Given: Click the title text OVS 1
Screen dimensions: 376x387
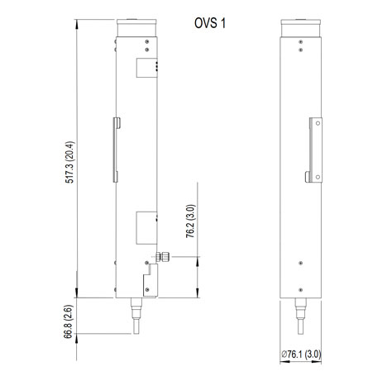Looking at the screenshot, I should coord(208,23).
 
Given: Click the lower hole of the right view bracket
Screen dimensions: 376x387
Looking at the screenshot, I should coord(312,174).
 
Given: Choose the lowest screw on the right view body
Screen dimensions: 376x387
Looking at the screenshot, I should coord(301,288).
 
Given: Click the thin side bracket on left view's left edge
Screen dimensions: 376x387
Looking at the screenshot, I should coord(117,150).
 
